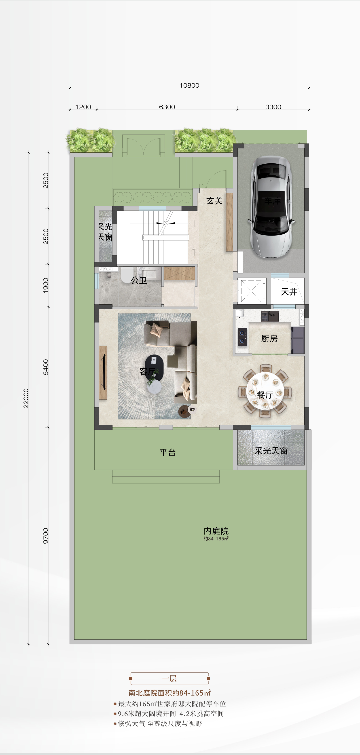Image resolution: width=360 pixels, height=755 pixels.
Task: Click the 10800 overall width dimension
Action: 189,85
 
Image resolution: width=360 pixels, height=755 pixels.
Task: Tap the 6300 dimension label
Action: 167,107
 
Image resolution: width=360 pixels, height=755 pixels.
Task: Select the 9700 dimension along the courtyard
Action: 46,536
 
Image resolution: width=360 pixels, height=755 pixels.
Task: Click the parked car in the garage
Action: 271,206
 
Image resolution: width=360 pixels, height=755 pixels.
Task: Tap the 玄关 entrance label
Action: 214,201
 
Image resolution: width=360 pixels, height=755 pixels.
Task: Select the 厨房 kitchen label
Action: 269,339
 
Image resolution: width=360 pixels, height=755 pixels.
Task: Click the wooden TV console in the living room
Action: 103,373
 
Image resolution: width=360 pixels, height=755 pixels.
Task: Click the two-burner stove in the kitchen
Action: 242,337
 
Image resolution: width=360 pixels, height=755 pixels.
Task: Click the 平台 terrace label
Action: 167,452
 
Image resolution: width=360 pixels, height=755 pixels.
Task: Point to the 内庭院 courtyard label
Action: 216,531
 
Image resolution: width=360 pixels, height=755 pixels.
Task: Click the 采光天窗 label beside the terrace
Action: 271,451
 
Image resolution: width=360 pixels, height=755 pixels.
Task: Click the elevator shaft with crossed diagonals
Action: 251,291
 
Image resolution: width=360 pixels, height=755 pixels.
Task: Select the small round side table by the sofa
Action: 184,411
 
